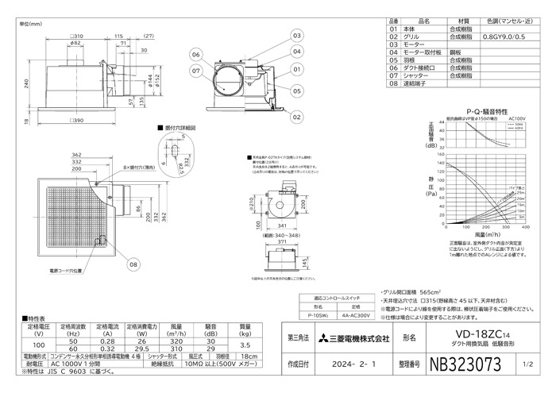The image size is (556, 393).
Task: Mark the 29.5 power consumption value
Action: (142, 349)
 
